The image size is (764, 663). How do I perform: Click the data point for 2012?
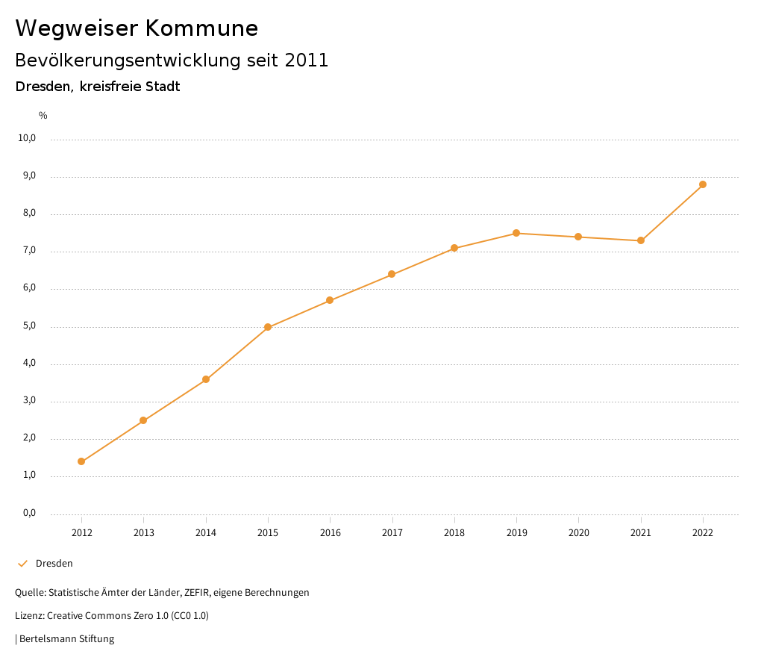coord(81,461)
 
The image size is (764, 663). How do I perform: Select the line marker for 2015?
coord(268,327)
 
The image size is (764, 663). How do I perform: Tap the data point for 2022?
coord(703,184)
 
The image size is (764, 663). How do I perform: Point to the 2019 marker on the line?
coord(516,233)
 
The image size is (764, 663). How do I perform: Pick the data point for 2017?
coord(392,274)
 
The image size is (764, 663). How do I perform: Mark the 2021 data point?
coord(641,240)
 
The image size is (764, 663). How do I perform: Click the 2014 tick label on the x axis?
coord(206,532)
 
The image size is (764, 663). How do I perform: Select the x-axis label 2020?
coord(578,532)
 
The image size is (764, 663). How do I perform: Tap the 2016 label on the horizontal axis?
coord(330,532)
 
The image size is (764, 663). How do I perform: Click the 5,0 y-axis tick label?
coord(29,326)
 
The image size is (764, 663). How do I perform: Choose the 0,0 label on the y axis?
coord(29,513)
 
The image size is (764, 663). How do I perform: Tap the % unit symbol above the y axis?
coord(43,116)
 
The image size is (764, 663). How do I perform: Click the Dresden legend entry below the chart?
coord(54,564)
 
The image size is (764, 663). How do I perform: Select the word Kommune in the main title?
coord(201,28)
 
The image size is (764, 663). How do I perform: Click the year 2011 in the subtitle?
coord(307,60)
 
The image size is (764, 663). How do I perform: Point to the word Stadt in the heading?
coord(163,87)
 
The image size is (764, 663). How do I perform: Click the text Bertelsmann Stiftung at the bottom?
coord(66,639)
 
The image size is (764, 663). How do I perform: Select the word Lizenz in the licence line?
coord(29,616)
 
